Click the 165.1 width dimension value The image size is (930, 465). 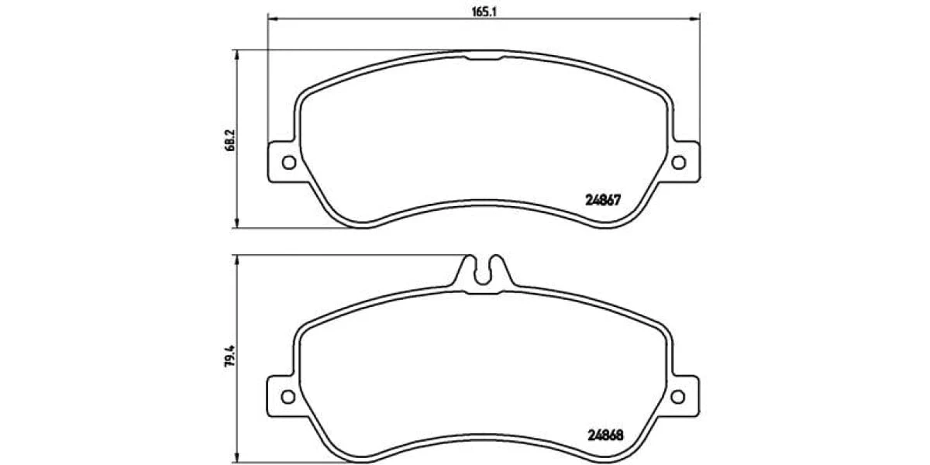pos(484,12)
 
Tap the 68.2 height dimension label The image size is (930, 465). pos(230,140)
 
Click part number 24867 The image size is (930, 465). pos(603,200)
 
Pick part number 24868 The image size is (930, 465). pos(605,435)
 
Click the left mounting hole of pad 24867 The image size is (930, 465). pos(289,162)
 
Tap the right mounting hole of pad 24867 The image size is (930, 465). pos(679,162)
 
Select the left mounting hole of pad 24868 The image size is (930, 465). pos(288,397)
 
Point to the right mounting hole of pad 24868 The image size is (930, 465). pos(678,397)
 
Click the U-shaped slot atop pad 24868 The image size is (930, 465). pos(482,281)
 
